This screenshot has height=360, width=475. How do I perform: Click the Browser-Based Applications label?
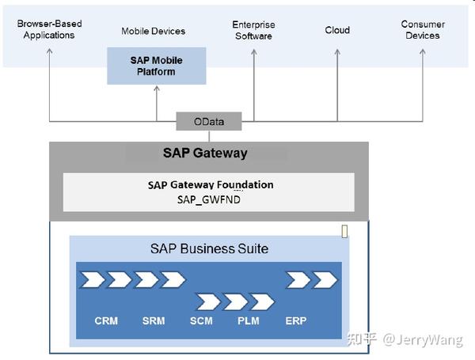point(49,29)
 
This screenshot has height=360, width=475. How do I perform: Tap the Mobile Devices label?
point(153,31)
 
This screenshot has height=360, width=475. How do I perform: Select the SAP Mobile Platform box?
point(156,66)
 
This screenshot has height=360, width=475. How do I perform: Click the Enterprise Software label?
point(253,30)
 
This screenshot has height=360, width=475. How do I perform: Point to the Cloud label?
point(337,30)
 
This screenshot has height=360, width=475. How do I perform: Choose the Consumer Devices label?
point(423,29)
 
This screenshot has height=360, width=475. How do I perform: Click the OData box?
point(209,122)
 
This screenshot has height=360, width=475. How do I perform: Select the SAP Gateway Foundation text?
point(210,184)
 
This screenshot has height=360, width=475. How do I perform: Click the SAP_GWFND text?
point(209,199)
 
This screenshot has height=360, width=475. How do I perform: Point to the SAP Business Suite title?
point(209,248)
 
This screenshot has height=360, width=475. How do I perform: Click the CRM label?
point(106,321)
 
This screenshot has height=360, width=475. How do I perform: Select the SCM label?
point(201,321)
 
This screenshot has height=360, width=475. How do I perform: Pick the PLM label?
point(248,321)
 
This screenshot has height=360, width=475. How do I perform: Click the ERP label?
point(295,321)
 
